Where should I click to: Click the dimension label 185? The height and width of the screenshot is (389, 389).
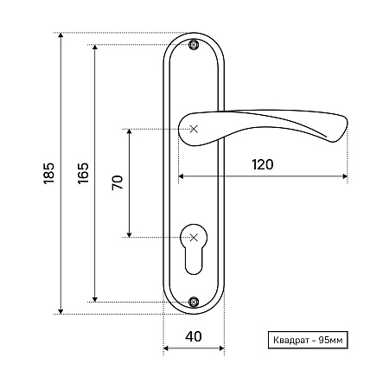coord(49,174)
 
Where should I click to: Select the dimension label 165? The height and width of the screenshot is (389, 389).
coord(83,174)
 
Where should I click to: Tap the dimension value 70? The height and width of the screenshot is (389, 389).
coord(118,182)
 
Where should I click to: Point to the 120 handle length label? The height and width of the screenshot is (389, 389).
coord(263,164)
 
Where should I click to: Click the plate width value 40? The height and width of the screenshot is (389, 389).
coord(194,336)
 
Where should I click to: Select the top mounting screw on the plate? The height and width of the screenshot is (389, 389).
coord(194,45)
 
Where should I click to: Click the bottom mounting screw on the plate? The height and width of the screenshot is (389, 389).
coord(194,302)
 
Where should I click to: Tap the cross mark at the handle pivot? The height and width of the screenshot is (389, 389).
coord(194,129)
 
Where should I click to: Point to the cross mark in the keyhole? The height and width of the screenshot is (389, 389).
coord(194,238)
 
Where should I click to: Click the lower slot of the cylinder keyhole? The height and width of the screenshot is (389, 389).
coord(194,261)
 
